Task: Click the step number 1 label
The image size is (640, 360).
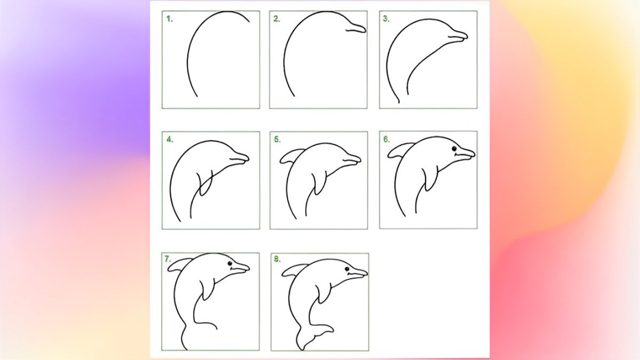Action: point(170,19)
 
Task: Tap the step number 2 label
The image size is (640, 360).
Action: point(276,19)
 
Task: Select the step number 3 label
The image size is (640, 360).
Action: point(386,19)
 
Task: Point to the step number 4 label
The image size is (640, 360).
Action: point(170,140)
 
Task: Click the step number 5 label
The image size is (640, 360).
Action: point(277,140)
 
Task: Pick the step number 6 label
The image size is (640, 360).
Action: point(386,140)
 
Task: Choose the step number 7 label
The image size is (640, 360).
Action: point(168,259)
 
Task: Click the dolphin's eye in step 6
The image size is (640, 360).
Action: point(454,149)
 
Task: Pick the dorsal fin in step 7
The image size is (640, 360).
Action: point(179,265)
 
